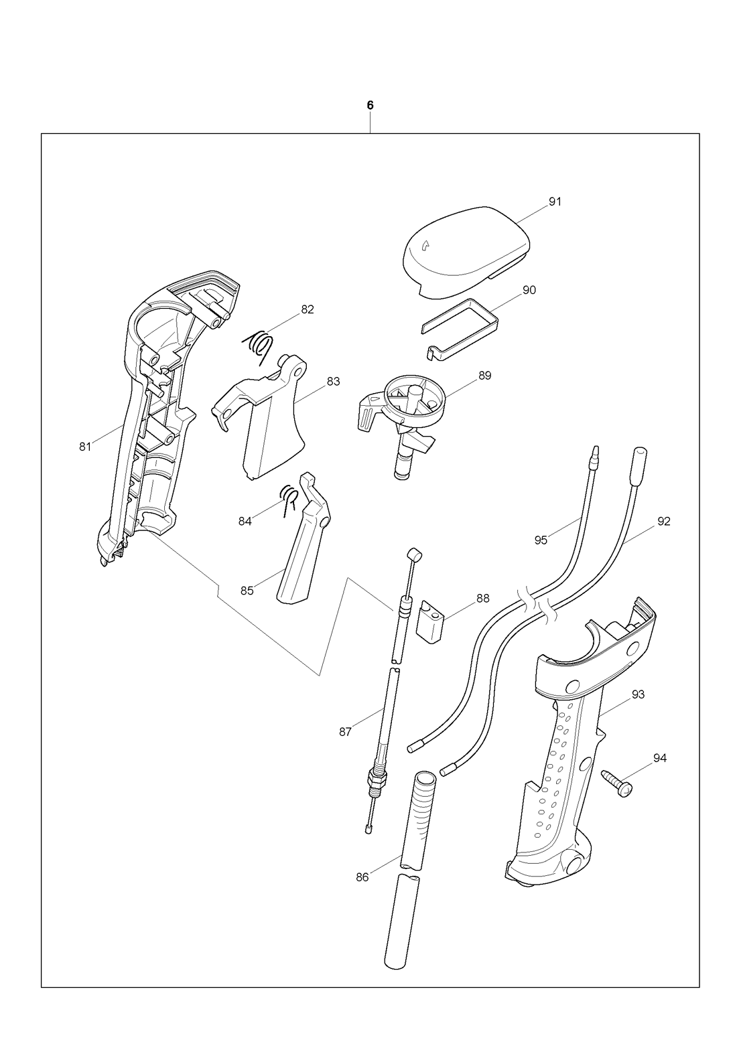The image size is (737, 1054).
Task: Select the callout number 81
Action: [x=84, y=447]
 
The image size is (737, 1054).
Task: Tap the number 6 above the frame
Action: [x=370, y=105]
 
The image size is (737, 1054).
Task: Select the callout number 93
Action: [x=637, y=694]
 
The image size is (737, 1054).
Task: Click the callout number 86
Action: [x=362, y=877]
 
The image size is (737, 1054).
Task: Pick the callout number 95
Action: [x=541, y=540]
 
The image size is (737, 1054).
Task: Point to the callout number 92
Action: [x=663, y=521]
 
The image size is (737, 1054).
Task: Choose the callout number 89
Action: [x=484, y=376]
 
